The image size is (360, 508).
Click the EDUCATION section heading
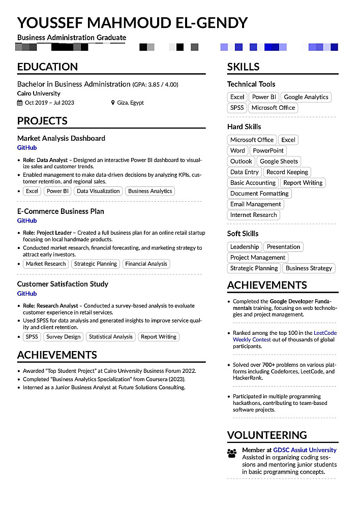[x=47, y=67]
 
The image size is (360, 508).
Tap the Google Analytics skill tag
[x=306, y=97]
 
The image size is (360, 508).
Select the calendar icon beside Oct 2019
[x=20, y=103]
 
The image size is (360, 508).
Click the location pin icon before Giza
[x=113, y=103]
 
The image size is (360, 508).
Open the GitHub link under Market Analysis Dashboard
[x=27, y=148]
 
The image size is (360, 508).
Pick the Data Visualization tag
[x=98, y=191]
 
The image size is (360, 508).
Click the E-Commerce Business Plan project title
[x=61, y=211]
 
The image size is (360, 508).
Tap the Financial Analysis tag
[x=146, y=264]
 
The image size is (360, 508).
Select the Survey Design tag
[x=64, y=336]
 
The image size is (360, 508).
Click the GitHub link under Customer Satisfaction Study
[x=27, y=294]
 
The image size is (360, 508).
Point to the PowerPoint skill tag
[x=268, y=150]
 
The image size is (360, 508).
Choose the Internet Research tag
[x=253, y=215]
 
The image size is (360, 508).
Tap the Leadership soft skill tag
[x=244, y=247]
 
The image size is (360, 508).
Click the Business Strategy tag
[x=309, y=268]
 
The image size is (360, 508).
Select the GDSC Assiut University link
[x=305, y=450]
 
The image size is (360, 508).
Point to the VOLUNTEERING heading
[x=267, y=435]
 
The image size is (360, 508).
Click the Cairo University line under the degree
[x=39, y=93]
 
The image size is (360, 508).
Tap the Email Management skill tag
[x=255, y=204]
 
